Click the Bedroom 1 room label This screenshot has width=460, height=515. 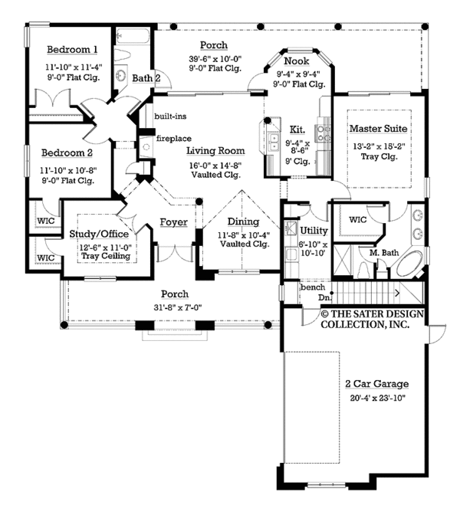[x=72, y=50]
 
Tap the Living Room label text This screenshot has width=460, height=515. [x=215, y=151]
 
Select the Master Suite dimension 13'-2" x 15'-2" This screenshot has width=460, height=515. [x=379, y=146]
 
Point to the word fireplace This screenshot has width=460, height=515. [x=174, y=139]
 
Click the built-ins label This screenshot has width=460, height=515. [x=170, y=116]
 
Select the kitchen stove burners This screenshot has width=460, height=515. [x=322, y=133]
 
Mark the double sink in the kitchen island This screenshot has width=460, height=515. [x=274, y=141]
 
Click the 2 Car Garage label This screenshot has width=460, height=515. [x=377, y=384]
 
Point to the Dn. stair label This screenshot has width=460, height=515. [x=324, y=297]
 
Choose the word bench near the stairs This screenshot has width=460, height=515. [x=313, y=287]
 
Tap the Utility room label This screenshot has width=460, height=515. [x=314, y=231]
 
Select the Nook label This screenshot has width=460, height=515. [x=297, y=61]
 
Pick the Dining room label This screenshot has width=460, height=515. [x=244, y=221]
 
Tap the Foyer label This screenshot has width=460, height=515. [x=174, y=222]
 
